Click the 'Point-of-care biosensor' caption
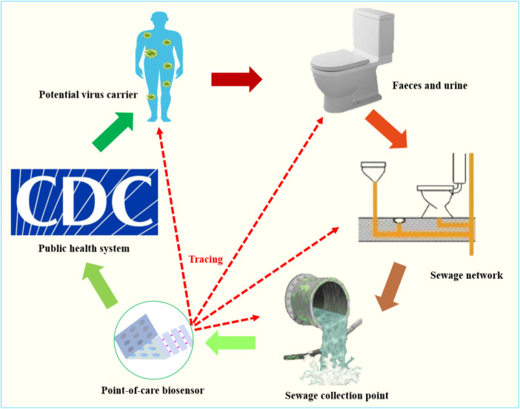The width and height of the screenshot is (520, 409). point(153,390)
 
